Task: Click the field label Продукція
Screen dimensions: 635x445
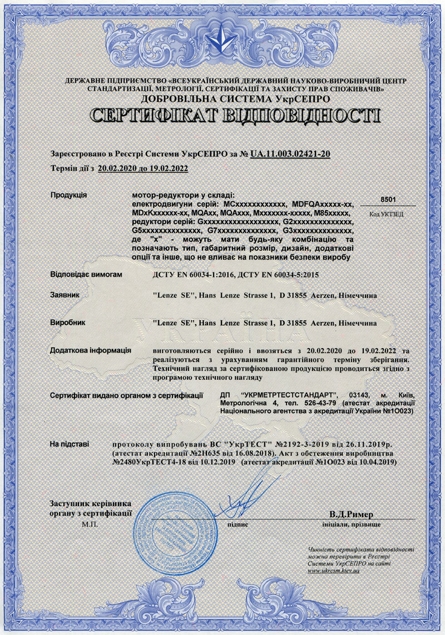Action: point(68,195)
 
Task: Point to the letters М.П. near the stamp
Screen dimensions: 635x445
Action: point(89,524)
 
